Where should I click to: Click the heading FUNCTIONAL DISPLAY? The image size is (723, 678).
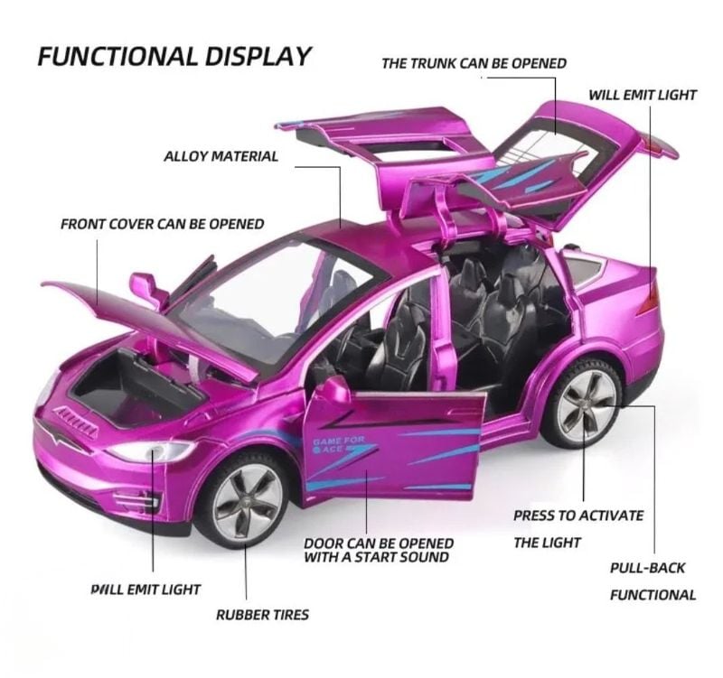tap(174, 56)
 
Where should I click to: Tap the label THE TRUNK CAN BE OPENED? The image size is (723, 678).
tap(474, 63)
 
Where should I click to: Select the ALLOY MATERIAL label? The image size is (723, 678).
tap(221, 156)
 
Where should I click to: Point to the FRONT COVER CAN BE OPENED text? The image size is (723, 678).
tap(163, 224)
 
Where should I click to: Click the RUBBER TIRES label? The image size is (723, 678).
tap(262, 615)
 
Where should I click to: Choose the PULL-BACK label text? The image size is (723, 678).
tap(647, 568)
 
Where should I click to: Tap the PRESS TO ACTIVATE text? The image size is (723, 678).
tap(578, 515)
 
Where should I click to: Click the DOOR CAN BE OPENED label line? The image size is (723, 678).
tap(379, 543)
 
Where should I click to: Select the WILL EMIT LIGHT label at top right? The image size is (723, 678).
tap(643, 95)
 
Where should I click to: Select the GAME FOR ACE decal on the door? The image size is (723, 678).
tap(339, 444)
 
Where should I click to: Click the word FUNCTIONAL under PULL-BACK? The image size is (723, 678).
tap(653, 595)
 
